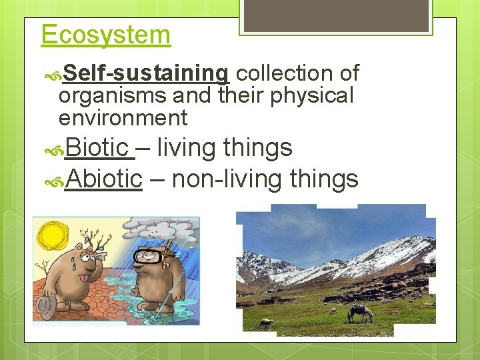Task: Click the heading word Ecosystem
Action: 105,35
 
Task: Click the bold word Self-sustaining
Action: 147,73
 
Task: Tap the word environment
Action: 123,119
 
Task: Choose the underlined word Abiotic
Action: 104,179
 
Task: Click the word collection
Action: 287,73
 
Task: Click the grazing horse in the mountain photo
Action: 361,312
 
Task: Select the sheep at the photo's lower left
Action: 265,323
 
